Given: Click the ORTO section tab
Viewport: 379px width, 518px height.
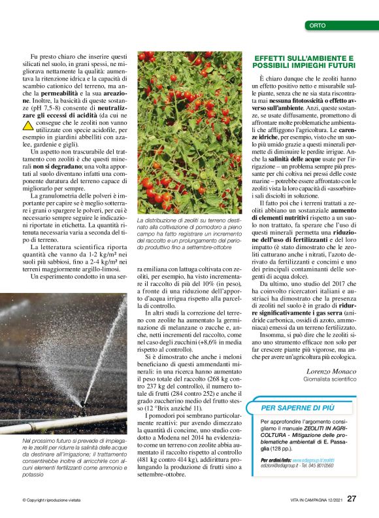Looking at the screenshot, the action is pos(317,26).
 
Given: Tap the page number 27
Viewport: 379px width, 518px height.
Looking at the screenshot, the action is pos(352,498).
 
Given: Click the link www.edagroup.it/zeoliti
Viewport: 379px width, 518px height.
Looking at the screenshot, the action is pos(312,460).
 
